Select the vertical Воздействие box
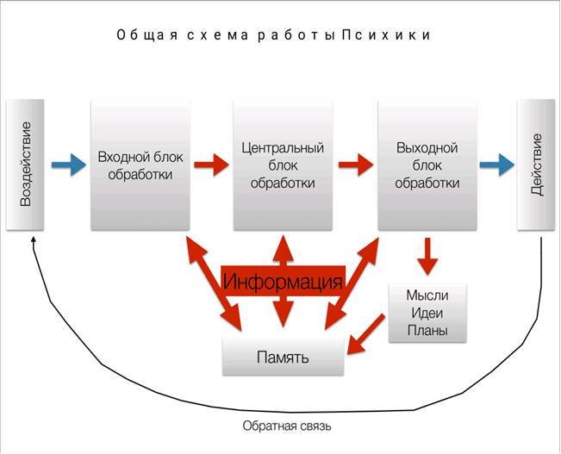(25, 165)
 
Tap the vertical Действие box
(535, 165)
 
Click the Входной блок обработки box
(140, 165)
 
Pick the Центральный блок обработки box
(283, 165)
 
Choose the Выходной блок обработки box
(427, 165)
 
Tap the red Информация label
(283, 281)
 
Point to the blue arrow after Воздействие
(63, 165)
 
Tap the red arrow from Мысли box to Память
(366, 333)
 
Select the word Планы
(427, 331)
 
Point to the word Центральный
(283, 148)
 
